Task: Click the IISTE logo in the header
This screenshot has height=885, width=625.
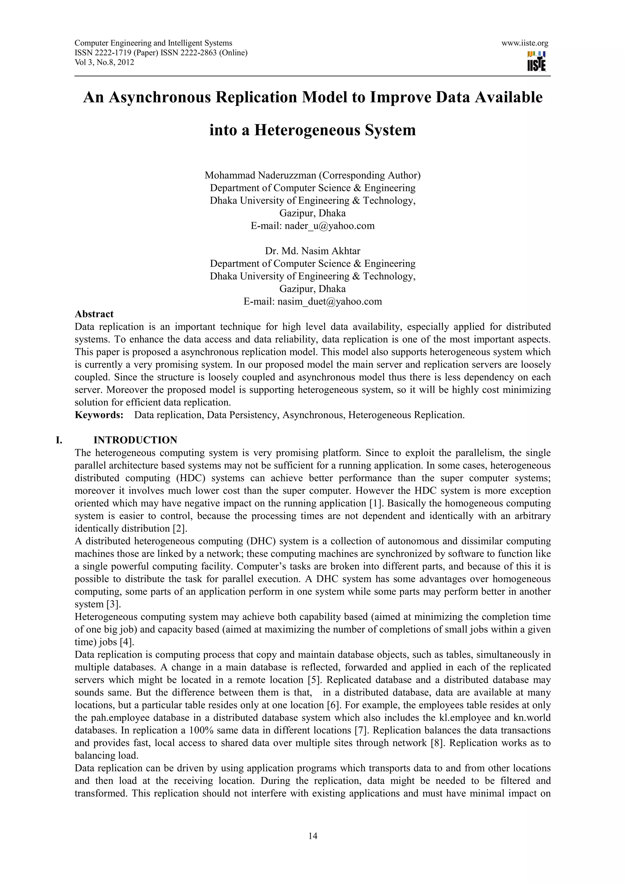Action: point(536,61)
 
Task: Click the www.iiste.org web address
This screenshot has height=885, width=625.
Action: point(525,43)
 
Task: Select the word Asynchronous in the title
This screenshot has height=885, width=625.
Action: point(159,97)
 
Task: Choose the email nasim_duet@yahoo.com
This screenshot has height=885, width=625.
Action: point(329,301)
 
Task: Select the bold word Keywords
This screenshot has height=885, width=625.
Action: point(99,415)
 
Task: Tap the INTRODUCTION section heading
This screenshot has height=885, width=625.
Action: point(135,440)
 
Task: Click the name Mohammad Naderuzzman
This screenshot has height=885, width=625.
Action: point(260,175)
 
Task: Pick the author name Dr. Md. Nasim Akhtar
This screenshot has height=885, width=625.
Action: point(312,251)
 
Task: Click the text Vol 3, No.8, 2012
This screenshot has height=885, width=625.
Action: point(104,62)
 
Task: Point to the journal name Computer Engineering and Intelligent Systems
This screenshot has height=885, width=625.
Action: point(153,43)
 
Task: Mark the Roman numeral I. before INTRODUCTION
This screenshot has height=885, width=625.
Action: point(59,440)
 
